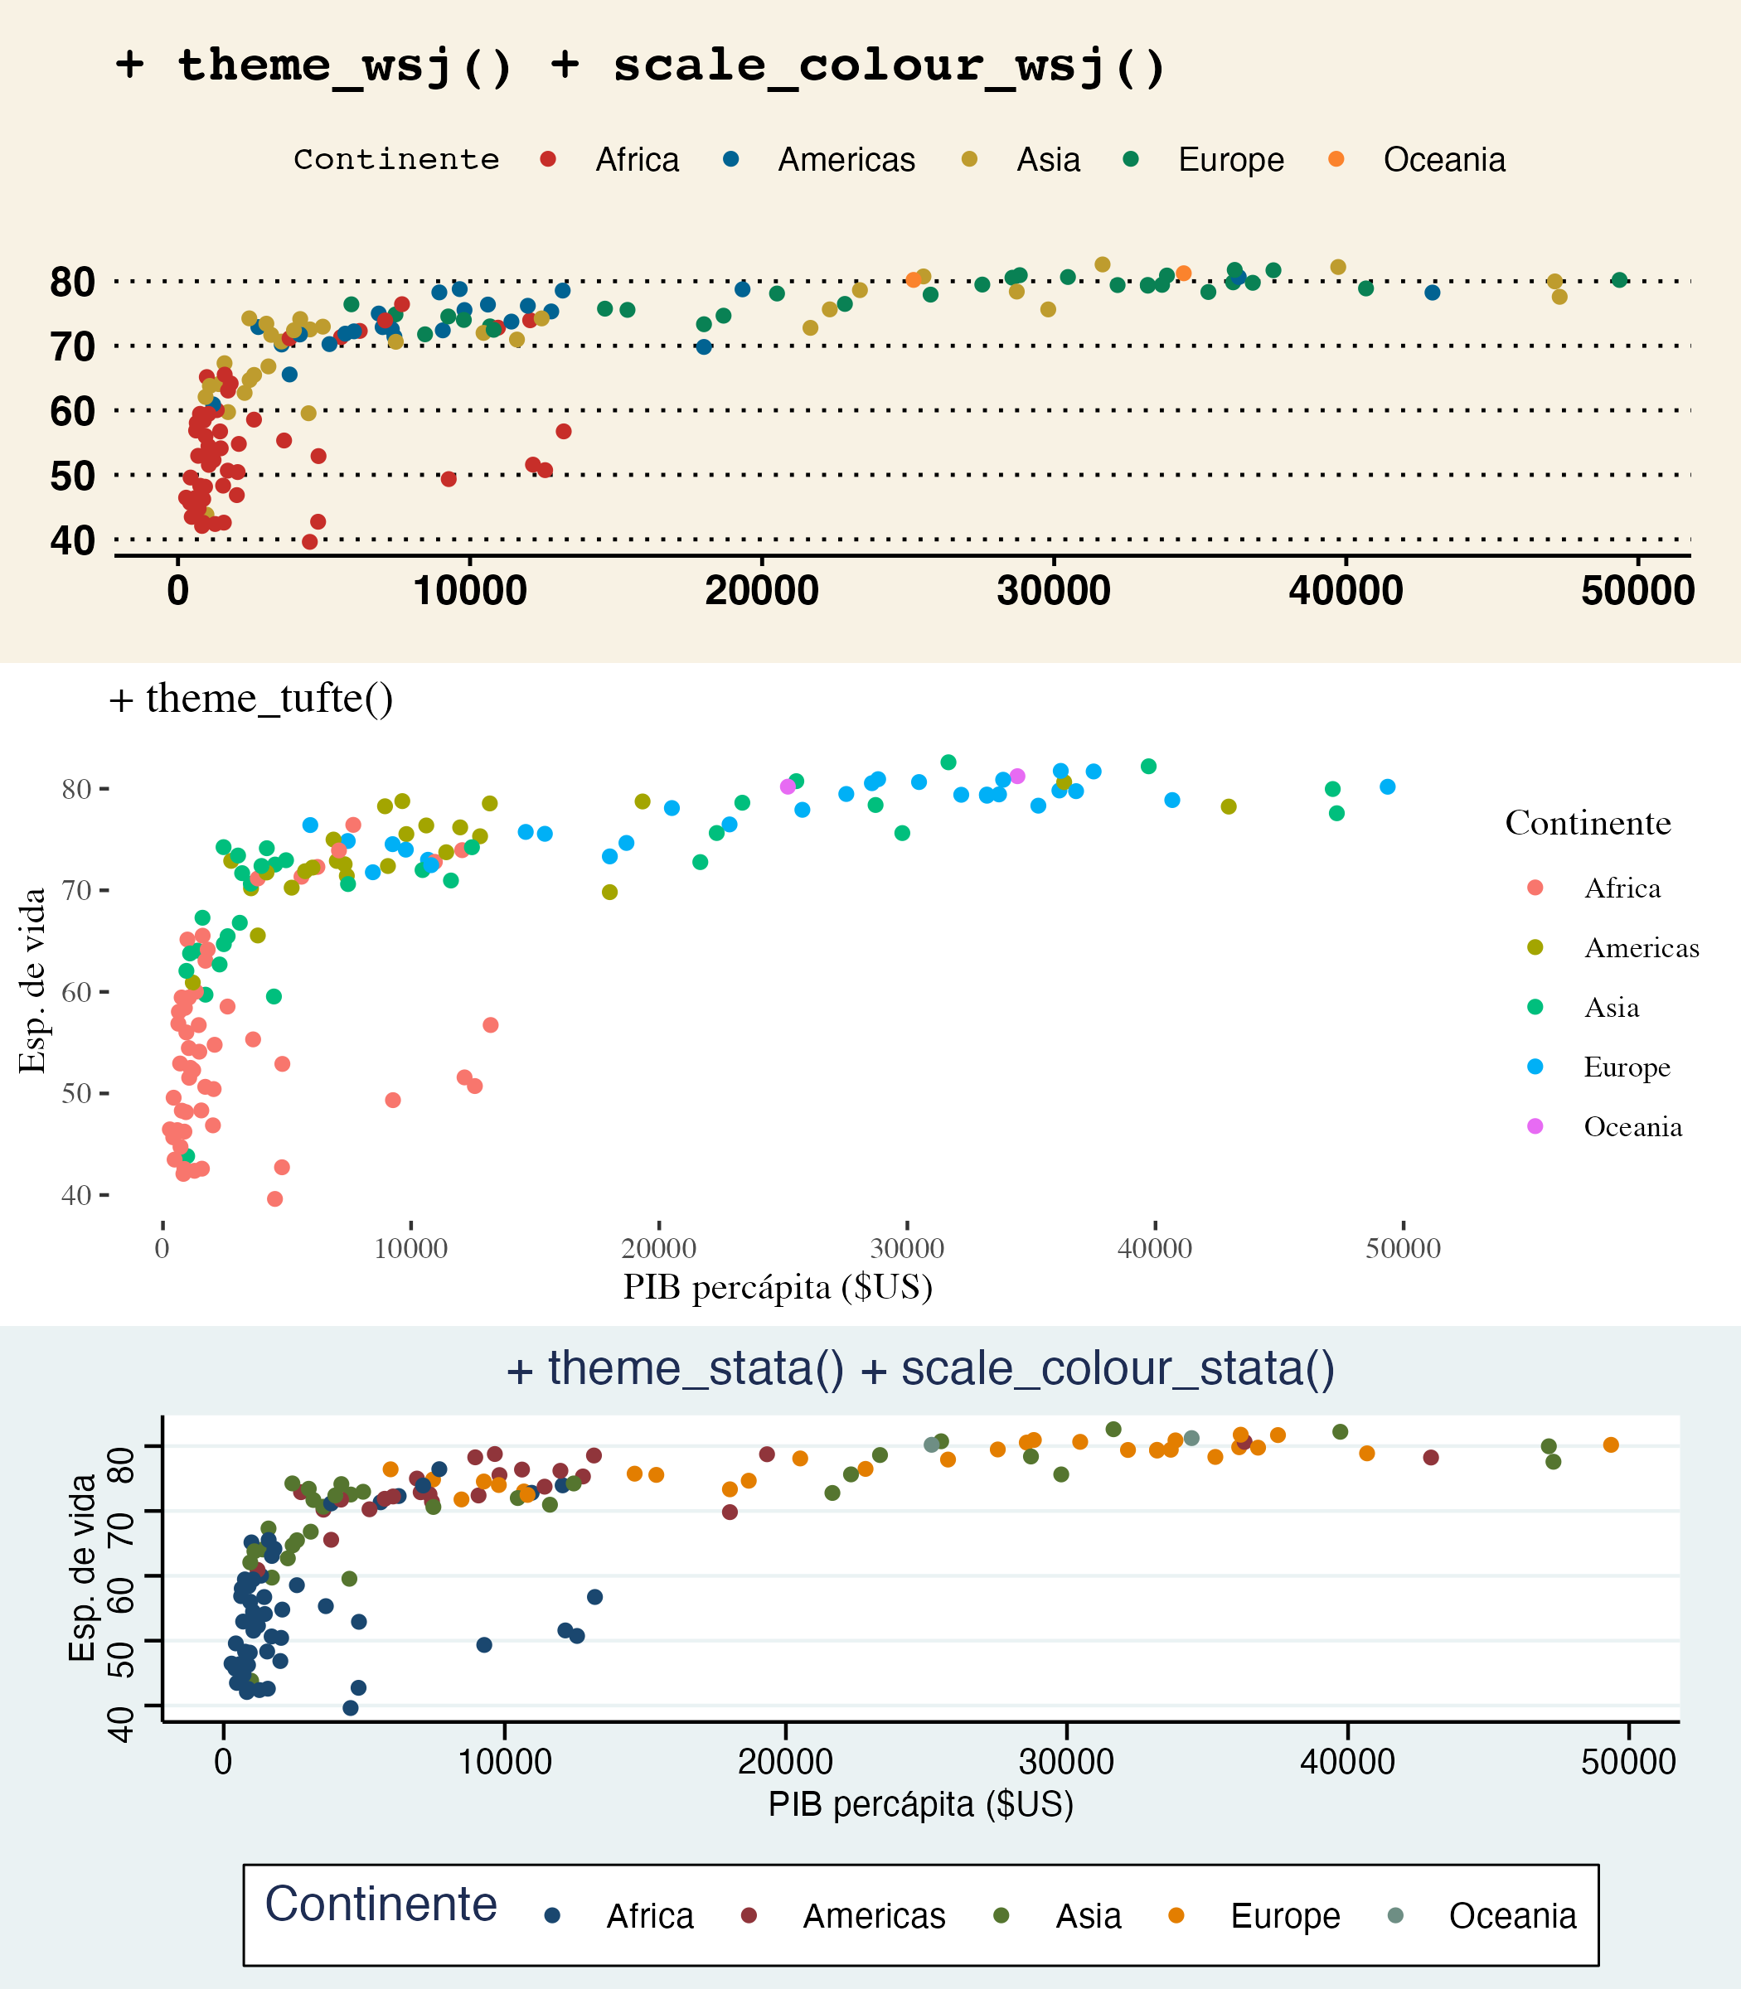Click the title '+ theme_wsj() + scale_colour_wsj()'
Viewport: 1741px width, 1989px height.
pos(641,66)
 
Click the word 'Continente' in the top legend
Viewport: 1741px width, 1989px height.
pos(396,159)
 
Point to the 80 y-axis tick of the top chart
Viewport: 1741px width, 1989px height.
pos(73,282)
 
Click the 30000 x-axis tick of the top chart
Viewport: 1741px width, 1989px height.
pos(1053,590)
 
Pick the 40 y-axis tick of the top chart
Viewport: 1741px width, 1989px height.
pos(73,540)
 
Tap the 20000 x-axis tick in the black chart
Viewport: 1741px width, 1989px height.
pos(659,1249)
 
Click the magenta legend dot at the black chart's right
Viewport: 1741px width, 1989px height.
pos(1535,1126)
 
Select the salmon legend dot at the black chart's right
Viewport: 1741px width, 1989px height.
pos(1535,888)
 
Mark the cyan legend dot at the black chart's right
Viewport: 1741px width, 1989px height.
pos(1535,1067)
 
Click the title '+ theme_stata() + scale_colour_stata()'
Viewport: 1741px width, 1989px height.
pos(920,1368)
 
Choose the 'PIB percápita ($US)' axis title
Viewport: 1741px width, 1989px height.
pos(920,1804)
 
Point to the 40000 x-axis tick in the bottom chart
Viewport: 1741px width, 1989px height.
pos(1347,1762)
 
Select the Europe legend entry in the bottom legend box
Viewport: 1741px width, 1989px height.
pos(1284,1916)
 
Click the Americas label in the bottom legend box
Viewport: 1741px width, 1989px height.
pos(874,1916)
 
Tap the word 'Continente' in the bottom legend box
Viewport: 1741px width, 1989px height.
pos(381,1904)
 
